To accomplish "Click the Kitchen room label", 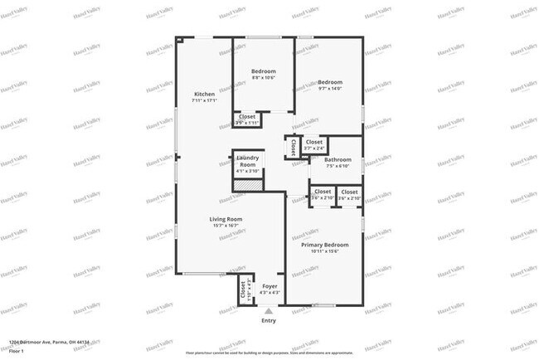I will [204, 94].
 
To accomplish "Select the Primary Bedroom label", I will [324, 245].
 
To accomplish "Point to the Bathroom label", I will [337, 159].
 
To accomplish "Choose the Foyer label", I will [269, 285].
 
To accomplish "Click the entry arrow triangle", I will [269, 310].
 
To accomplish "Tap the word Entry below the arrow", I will [269, 320].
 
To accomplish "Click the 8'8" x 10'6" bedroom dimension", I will [264, 78].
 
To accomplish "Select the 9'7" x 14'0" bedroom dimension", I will [330, 89].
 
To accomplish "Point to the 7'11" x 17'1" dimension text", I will [204, 101].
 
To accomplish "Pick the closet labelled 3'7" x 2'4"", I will [313, 145].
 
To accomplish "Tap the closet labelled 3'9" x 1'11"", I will [247, 120].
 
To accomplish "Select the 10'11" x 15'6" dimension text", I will [324, 252].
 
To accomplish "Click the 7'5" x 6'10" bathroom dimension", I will [337, 166].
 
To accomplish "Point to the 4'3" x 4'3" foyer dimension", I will [269, 292].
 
